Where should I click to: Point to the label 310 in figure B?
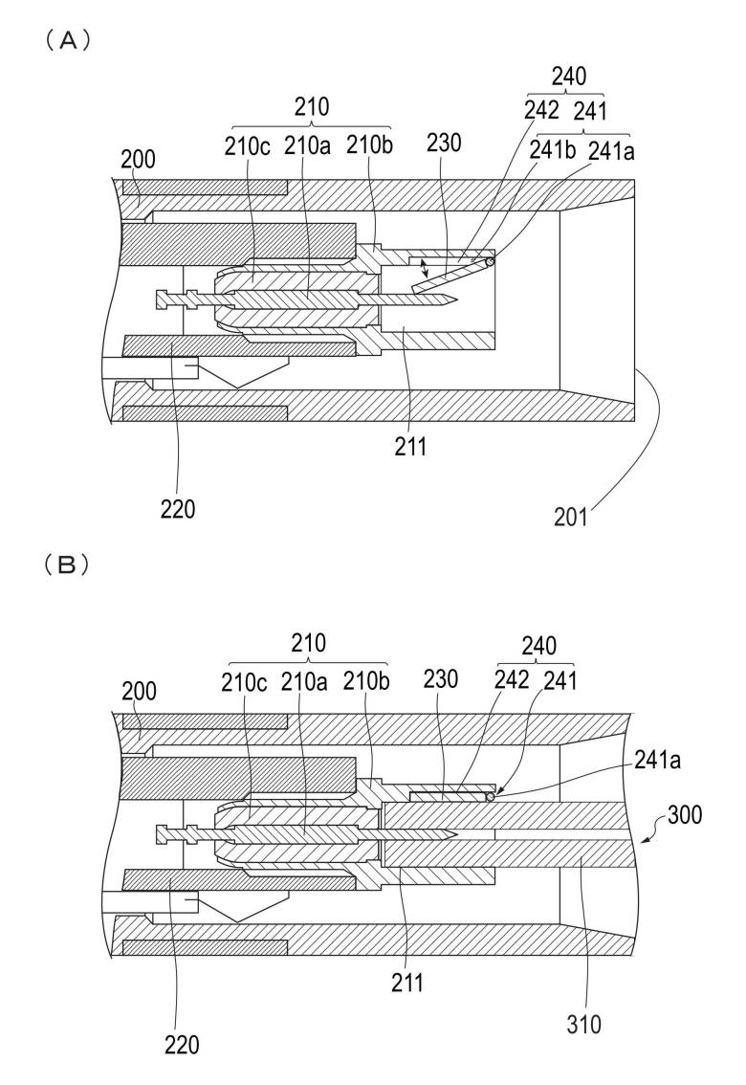tap(583, 1026)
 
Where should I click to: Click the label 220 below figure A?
tap(178, 509)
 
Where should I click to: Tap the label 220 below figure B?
tap(181, 1044)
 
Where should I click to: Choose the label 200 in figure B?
tap(140, 690)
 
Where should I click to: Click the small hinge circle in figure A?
tap(491, 261)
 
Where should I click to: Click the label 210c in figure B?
tap(244, 681)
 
